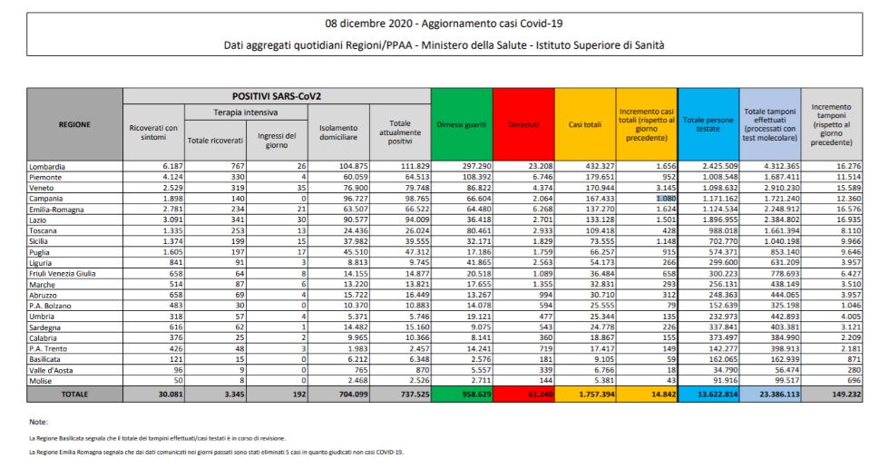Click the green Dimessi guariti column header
click(x=462, y=124)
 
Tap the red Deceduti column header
click(x=523, y=124)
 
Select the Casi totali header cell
click(x=585, y=124)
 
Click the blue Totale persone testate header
click(x=708, y=124)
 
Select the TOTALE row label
click(x=74, y=396)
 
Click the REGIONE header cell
click(x=74, y=124)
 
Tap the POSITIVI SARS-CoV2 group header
click(x=276, y=95)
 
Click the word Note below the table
click(x=39, y=423)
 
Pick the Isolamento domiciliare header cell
click(x=337, y=132)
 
